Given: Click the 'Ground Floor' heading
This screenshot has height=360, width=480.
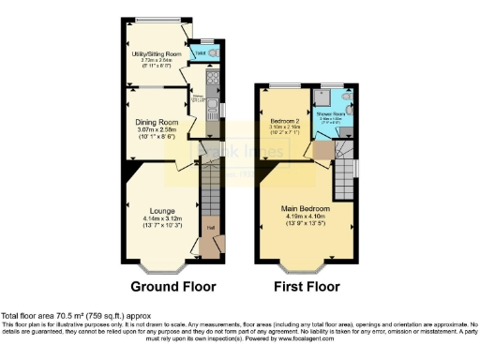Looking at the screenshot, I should pyautogui.click(x=172, y=286).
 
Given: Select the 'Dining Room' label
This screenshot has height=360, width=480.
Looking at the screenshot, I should pyautogui.click(x=156, y=122).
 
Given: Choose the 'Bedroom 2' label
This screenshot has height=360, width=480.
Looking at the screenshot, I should pyautogui.click(x=283, y=122).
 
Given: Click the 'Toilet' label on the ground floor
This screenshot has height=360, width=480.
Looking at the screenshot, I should pyautogui.click(x=201, y=53).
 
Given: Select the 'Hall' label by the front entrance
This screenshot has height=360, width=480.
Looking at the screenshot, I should pyautogui.click(x=211, y=226).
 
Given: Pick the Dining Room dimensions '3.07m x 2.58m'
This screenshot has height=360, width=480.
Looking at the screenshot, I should pyautogui.click(x=156, y=129).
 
